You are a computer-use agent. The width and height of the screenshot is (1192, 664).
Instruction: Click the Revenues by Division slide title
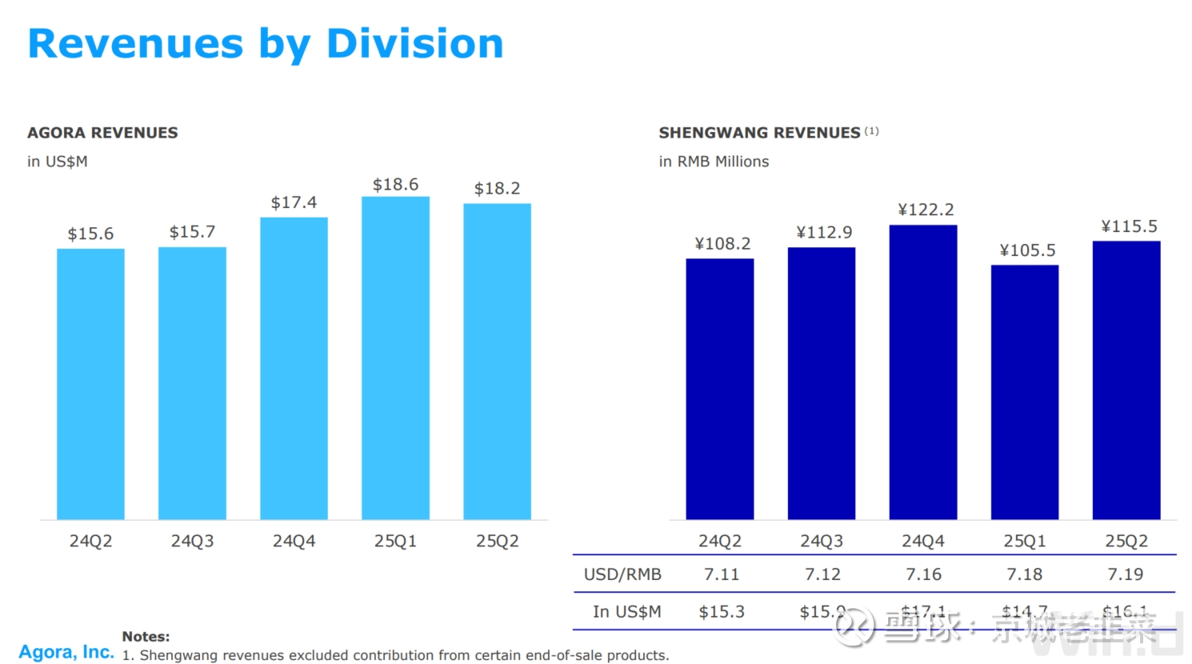(x=266, y=44)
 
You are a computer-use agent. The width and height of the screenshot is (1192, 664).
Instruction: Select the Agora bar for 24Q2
(x=90, y=384)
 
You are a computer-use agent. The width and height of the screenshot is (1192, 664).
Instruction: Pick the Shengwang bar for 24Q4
(x=922, y=372)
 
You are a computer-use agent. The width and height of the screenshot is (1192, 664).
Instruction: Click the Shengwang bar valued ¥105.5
(x=1024, y=392)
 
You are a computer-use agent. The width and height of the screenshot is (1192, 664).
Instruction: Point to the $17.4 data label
(x=294, y=202)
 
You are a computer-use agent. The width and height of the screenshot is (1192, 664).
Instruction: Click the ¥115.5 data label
(x=1129, y=226)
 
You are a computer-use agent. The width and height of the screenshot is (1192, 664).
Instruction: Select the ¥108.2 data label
(x=722, y=244)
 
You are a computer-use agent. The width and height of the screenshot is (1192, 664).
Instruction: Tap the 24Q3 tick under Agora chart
(x=192, y=542)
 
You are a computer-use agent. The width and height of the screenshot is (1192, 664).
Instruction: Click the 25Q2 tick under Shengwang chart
(x=1126, y=542)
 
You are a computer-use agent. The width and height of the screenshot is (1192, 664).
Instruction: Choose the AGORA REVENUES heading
(x=102, y=133)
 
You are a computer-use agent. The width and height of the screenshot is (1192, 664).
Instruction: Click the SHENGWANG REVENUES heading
(x=759, y=133)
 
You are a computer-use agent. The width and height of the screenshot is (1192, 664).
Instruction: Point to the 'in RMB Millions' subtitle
(x=714, y=162)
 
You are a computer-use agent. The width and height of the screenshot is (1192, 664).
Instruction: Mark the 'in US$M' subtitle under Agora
(x=58, y=162)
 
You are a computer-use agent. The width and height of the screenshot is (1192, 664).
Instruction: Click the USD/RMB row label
(x=622, y=574)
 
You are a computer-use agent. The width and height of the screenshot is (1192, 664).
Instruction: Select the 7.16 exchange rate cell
(x=923, y=574)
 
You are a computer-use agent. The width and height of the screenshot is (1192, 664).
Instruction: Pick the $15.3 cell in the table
(x=721, y=612)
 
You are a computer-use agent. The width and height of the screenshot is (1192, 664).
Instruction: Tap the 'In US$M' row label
(x=626, y=612)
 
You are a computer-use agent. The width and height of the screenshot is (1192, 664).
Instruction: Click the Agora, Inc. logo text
(x=66, y=652)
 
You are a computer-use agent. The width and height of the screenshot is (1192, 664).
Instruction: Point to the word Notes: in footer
(x=146, y=637)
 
